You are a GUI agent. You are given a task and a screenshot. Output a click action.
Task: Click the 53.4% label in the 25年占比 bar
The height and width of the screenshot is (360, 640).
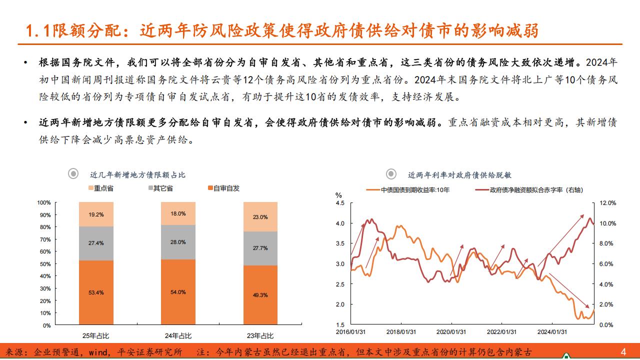96,292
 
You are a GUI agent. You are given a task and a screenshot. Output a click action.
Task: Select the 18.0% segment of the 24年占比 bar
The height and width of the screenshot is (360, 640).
178,213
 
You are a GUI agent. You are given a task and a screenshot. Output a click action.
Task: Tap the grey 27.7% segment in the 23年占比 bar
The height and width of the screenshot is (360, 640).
260,248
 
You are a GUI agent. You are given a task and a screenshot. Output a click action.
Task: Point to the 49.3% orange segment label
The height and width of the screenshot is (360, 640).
260,295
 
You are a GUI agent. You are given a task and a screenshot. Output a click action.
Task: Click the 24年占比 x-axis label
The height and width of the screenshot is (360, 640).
178,335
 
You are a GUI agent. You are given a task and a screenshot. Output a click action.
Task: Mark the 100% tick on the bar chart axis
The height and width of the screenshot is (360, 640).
44,202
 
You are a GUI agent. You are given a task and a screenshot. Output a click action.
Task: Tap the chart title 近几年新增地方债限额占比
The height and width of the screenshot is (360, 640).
137,174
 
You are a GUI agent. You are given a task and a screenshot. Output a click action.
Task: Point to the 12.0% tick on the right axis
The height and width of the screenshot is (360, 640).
608,203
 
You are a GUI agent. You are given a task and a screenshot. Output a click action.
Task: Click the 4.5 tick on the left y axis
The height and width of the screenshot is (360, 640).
340,203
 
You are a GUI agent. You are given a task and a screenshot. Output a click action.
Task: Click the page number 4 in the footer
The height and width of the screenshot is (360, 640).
623,351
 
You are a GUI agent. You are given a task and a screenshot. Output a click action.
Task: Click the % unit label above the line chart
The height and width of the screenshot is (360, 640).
339,195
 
